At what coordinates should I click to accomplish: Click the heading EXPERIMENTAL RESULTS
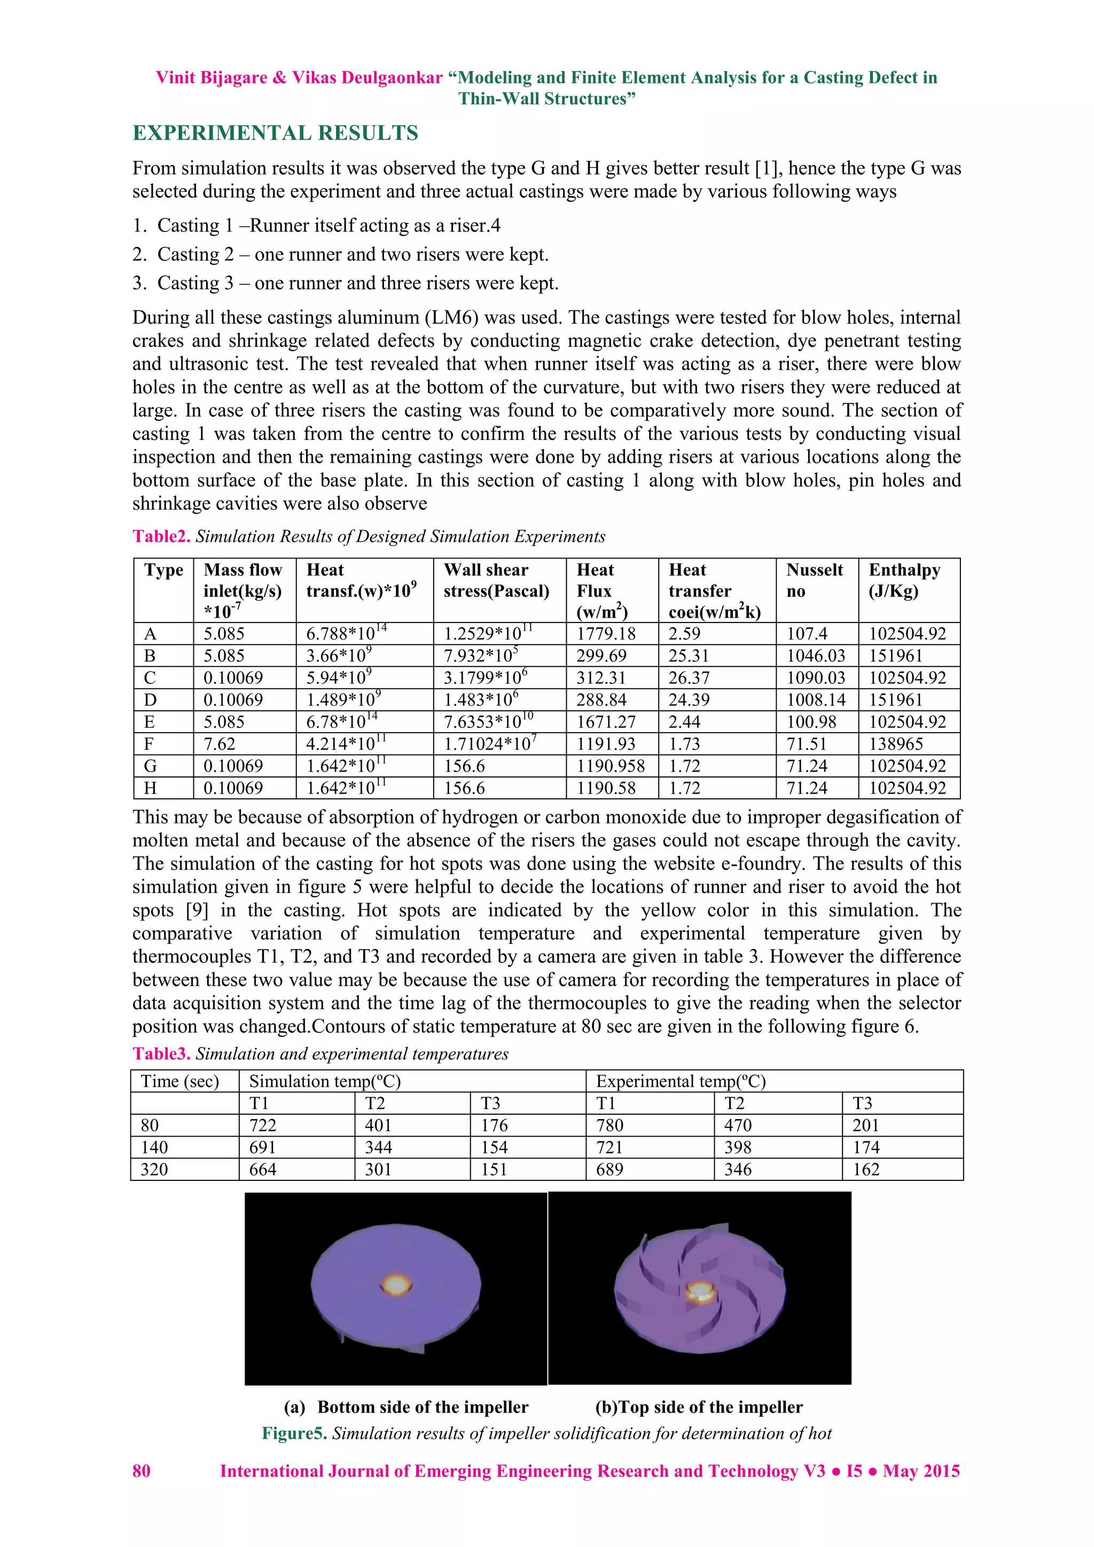pos(275,133)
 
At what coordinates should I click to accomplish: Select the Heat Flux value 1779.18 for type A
pos(606,633)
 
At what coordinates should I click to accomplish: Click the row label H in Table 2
pos(150,788)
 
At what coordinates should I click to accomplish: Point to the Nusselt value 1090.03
pos(815,678)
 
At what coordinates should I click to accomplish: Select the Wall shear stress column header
pos(496,580)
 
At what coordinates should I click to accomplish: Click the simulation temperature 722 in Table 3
pos(263,1125)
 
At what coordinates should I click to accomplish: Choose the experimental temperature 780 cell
pos(609,1125)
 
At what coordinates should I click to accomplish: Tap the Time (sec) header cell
pos(180,1082)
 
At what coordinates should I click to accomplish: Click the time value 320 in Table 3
pos(154,1169)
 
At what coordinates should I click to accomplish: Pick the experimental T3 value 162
pos(866,1169)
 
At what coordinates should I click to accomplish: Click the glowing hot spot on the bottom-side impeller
pos(396,1284)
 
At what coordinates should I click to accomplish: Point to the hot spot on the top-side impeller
pos(699,1291)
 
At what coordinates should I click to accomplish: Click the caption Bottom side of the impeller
pos(423,1407)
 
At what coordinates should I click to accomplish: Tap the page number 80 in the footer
pos(142,1471)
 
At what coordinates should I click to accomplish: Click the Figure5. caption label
pos(294,1433)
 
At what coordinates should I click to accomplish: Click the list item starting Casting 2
pos(353,254)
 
